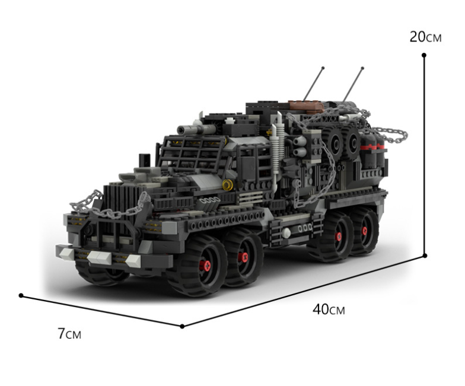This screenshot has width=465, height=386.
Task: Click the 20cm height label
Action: coord(426,37)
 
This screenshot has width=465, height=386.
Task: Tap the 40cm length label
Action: coord(329,310)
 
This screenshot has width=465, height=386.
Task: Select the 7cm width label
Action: coord(69,333)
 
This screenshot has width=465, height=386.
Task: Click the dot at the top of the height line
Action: coord(424,55)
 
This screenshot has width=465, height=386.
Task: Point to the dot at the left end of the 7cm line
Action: coord(21,295)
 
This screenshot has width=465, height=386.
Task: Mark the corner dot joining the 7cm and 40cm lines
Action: coord(182,326)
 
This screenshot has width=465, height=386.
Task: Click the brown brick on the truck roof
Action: coord(305,107)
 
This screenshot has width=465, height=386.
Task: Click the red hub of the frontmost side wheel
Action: coord(205,266)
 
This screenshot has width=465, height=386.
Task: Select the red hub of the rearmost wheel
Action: coord(364,231)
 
